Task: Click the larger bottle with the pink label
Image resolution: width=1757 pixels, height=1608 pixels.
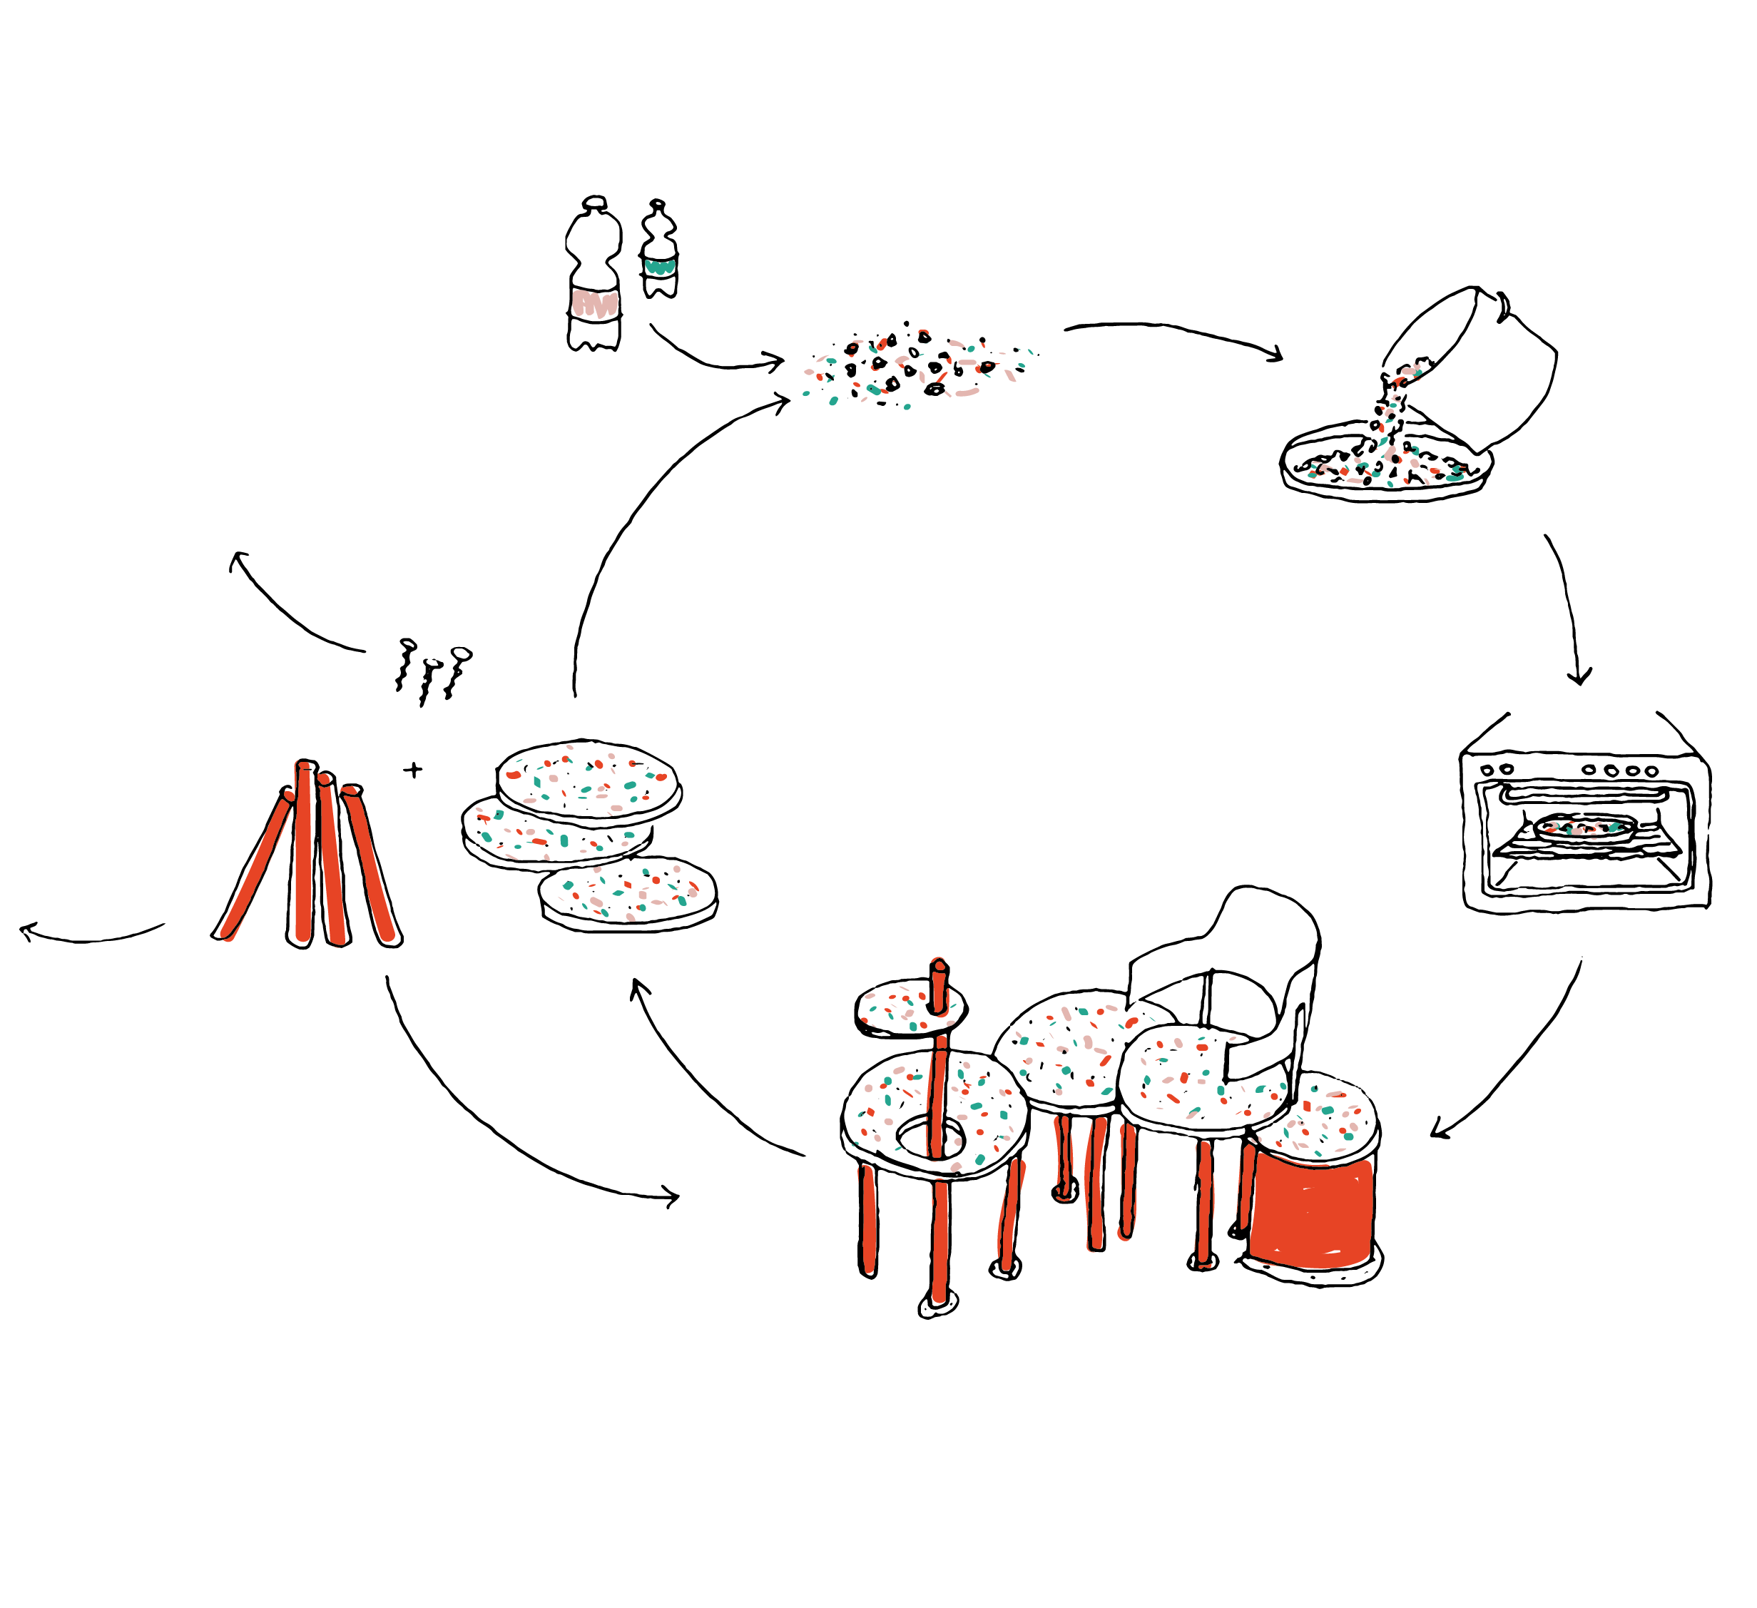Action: pyautogui.click(x=594, y=279)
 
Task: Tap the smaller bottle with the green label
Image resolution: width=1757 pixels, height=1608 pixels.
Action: pyautogui.click(x=659, y=253)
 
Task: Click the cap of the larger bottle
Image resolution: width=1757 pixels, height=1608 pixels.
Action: pyautogui.click(x=594, y=203)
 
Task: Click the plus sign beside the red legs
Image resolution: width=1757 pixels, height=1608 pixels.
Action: pyautogui.click(x=413, y=770)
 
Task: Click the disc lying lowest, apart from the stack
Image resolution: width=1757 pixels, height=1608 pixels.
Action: pyautogui.click(x=628, y=892)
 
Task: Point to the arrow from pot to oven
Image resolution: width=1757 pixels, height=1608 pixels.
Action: pyautogui.click(x=1569, y=610)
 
